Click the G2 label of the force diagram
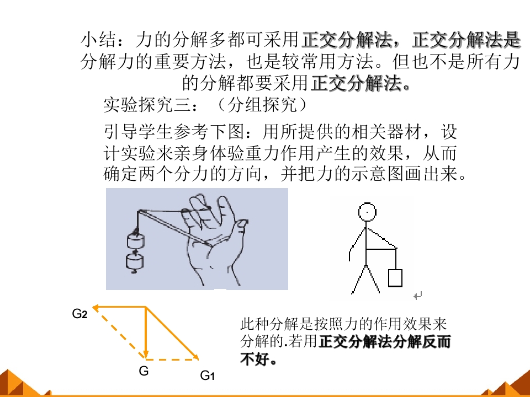tap(79, 314)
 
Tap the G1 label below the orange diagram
tap(207, 375)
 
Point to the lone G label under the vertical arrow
tap(144, 371)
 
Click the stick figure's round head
tap(367, 212)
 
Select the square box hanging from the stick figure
tap(395, 278)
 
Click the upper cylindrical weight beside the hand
tap(136, 241)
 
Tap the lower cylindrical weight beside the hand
tap(135, 261)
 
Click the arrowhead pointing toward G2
tap(96, 308)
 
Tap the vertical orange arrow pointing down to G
tap(146, 332)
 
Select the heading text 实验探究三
tap(147, 105)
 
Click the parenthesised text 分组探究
tap(262, 105)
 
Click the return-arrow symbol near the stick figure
tap(418, 296)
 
